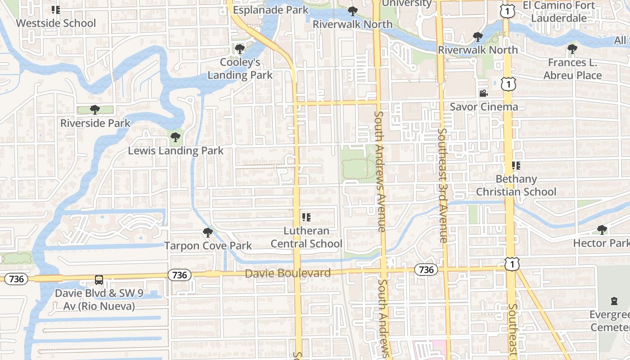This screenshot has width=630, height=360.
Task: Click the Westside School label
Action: click(x=56, y=23)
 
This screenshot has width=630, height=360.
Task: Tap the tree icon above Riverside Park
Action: click(x=94, y=109)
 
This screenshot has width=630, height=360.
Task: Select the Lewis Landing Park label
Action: click(x=175, y=151)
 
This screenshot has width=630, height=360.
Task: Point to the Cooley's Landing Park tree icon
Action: click(x=239, y=49)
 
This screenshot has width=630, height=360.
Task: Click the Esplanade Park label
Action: click(x=270, y=10)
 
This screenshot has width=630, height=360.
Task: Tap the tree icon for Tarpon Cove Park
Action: click(x=207, y=233)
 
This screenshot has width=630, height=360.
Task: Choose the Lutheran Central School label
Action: click(x=306, y=237)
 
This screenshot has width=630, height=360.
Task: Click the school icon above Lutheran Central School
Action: click(x=306, y=218)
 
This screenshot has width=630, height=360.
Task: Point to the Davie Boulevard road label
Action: click(x=288, y=273)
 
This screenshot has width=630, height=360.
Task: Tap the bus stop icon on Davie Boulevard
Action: click(x=99, y=280)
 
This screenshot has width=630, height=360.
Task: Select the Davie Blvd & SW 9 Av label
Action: click(x=99, y=300)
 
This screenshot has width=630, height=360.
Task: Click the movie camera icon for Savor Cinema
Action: click(x=483, y=94)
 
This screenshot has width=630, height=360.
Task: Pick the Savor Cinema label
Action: click(x=484, y=107)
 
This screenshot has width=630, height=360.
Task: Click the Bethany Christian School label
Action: click(x=516, y=185)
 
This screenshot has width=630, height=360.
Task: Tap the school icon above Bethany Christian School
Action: click(x=516, y=166)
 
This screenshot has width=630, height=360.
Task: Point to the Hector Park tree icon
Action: click(x=602, y=230)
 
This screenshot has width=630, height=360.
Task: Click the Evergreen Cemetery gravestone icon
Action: click(x=614, y=301)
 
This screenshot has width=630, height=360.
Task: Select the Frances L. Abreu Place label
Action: click(x=572, y=69)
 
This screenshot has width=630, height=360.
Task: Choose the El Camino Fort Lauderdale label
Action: click(x=558, y=12)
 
